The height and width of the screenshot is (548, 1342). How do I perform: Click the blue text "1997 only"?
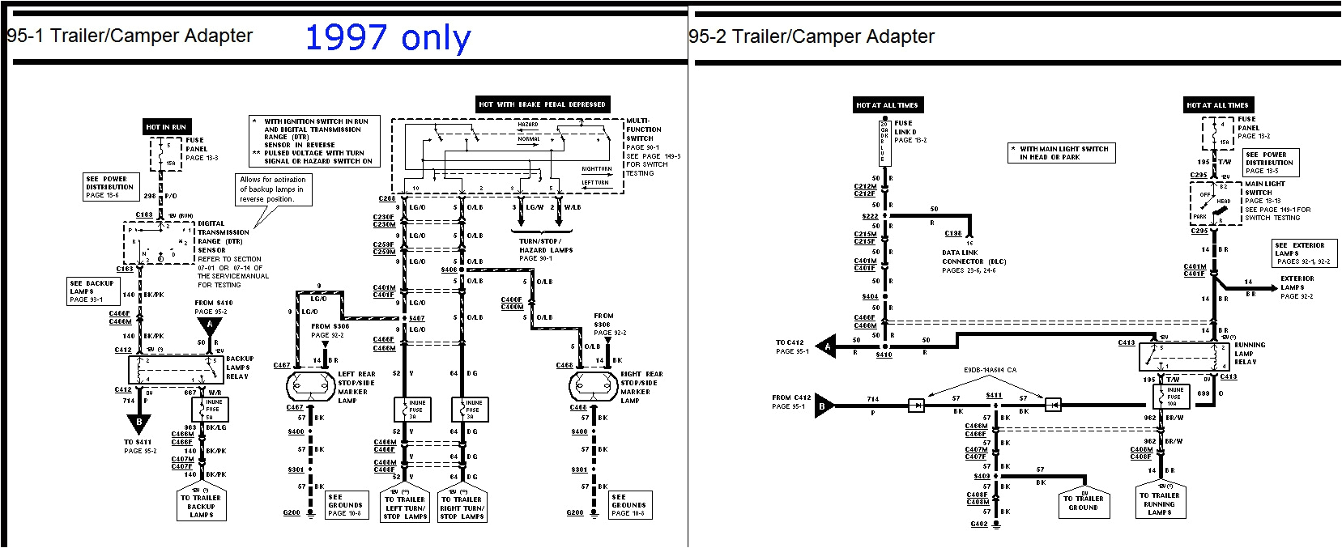click(x=387, y=38)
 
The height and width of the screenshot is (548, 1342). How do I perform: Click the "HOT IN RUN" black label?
click(x=166, y=127)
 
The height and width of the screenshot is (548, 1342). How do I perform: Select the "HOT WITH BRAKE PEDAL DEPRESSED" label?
click(x=542, y=104)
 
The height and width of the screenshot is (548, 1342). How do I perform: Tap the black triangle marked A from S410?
click(x=210, y=325)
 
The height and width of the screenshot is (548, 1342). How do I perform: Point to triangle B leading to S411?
click(x=138, y=423)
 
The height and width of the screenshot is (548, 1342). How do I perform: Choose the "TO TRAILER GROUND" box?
click(x=1083, y=503)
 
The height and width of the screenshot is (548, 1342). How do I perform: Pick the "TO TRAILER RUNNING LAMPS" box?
click(x=1159, y=503)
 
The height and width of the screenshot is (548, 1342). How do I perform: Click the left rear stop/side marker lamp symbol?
click(x=310, y=387)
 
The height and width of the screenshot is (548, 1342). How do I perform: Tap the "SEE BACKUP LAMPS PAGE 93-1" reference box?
click(x=92, y=291)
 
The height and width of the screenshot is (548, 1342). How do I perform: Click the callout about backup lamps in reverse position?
click(x=273, y=189)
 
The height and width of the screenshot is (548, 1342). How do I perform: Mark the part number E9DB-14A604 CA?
click(x=990, y=370)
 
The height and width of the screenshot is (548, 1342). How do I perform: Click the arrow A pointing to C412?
click(x=825, y=346)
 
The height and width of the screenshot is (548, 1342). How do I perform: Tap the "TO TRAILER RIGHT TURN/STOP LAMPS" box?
click(x=461, y=508)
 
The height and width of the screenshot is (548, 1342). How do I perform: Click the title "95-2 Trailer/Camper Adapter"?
click(x=812, y=36)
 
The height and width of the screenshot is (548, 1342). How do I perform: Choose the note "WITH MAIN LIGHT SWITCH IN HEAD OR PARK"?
click(x=1062, y=153)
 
